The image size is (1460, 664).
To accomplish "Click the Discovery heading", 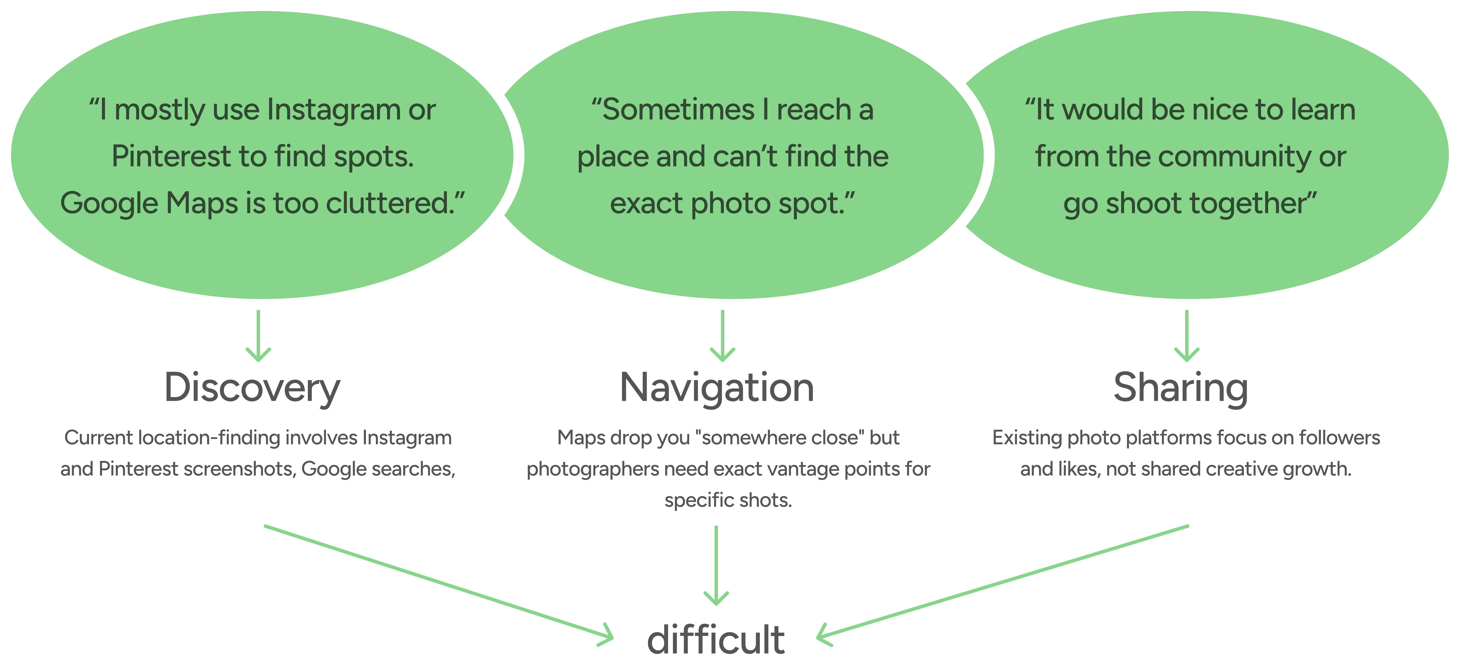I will (x=252, y=389).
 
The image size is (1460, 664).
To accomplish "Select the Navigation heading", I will (x=717, y=389).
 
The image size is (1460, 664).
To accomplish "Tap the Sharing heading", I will (x=1181, y=389).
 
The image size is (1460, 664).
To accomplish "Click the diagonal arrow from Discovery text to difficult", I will (x=436, y=584).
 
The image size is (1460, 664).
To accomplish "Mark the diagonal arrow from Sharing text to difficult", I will (x=1003, y=584).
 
